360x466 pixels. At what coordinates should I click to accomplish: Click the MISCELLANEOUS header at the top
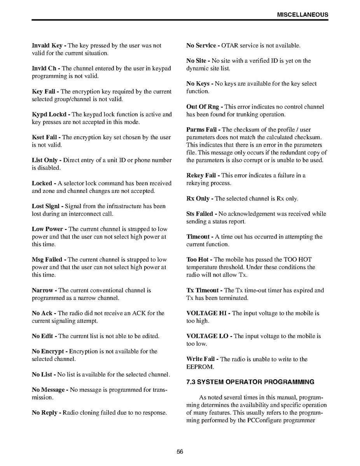point(302,15)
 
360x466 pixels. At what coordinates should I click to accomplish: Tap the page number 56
point(180,452)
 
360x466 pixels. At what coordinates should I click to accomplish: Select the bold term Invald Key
point(47,46)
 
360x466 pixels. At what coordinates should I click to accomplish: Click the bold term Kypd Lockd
point(50,114)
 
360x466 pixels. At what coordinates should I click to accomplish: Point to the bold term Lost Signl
point(47,206)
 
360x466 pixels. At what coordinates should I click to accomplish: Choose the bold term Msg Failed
point(47,259)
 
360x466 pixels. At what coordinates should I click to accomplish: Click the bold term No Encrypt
point(49,351)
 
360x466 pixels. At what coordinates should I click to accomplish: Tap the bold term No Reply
point(45,412)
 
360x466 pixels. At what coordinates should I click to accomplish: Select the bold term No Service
point(201,46)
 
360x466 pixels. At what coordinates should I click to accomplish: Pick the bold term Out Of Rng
point(203,107)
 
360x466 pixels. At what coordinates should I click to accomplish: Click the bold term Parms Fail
point(201,130)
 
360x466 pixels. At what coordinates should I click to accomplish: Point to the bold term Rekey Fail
point(201,175)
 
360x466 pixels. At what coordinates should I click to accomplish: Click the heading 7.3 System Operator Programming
point(250,382)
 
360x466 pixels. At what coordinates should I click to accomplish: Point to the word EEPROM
point(200,367)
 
